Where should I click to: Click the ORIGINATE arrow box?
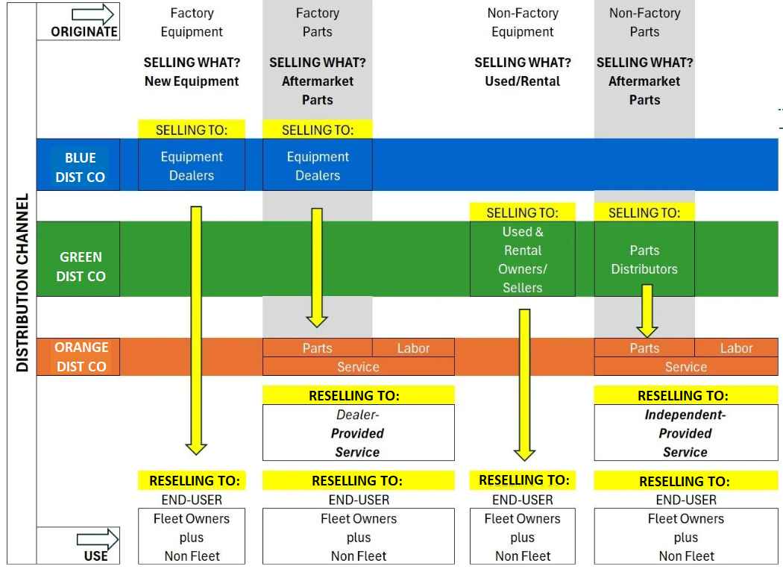point(78,21)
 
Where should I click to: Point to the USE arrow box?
point(78,545)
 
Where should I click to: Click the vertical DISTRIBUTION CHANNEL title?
point(22,283)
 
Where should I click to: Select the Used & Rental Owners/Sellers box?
point(522,259)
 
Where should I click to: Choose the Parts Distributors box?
point(644,259)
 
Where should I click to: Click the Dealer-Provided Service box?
point(358,433)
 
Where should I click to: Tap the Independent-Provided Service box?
point(685,433)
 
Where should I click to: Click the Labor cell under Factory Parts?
point(413,348)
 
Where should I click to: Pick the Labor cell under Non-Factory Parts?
point(736,348)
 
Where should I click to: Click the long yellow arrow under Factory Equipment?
point(196,328)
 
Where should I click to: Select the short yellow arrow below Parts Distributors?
point(647,309)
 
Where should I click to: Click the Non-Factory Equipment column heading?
point(522,22)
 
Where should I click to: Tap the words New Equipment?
point(192,81)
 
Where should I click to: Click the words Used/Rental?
point(522,81)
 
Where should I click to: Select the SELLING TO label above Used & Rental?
point(522,213)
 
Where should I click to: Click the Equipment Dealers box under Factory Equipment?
point(192,166)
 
